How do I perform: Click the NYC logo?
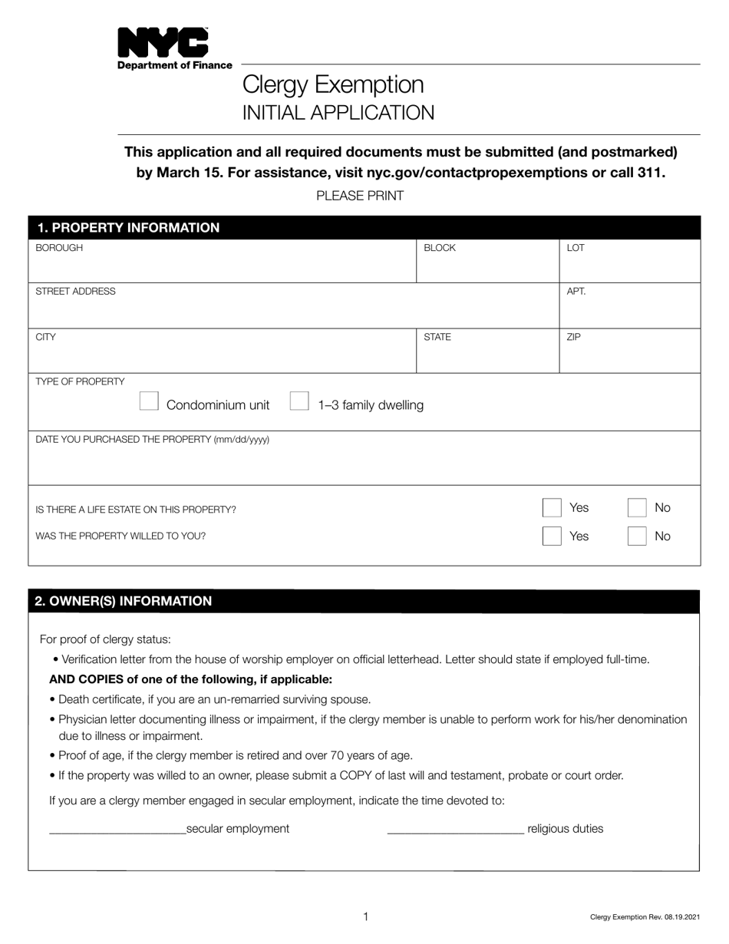[162, 43]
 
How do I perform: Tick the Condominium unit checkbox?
[149, 401]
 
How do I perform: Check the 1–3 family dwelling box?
[299, 401]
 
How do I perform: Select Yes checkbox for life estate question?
[552, 508]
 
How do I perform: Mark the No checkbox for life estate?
[637, 508]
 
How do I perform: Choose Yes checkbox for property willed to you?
[552, 536]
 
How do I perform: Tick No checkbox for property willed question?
[637, 536]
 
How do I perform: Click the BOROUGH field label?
[59, 248]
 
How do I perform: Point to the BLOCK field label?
[440, 248]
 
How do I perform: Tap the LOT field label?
[576, 248]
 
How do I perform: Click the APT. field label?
[576, 292]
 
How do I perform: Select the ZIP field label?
[574, 337]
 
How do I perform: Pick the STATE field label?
[437, 337]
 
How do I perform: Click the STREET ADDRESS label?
[76, 292]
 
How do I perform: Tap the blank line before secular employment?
[117, 830]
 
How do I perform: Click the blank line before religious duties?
[456, 830]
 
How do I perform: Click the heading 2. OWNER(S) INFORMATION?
[124, 601]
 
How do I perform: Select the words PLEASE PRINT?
[360, 196]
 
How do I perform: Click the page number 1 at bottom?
[366, 916]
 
